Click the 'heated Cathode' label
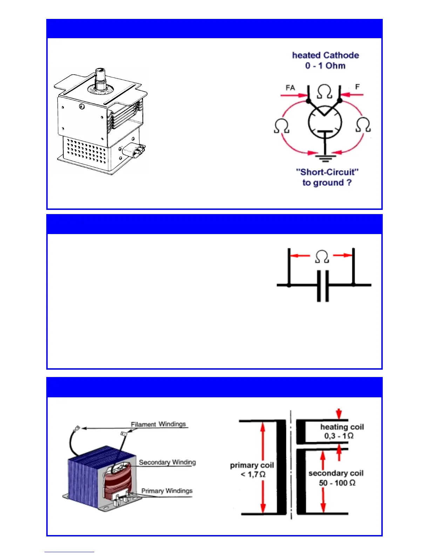325,55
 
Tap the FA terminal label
290,88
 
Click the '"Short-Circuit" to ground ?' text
327,177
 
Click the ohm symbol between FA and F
325,92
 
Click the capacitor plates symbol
323,286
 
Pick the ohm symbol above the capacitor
322,256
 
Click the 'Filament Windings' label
158,424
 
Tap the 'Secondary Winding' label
167,462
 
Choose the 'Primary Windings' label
167,491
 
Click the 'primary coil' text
252,465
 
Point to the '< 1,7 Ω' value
253,474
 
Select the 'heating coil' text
342,427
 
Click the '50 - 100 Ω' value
337,483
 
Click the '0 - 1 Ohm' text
325,66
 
